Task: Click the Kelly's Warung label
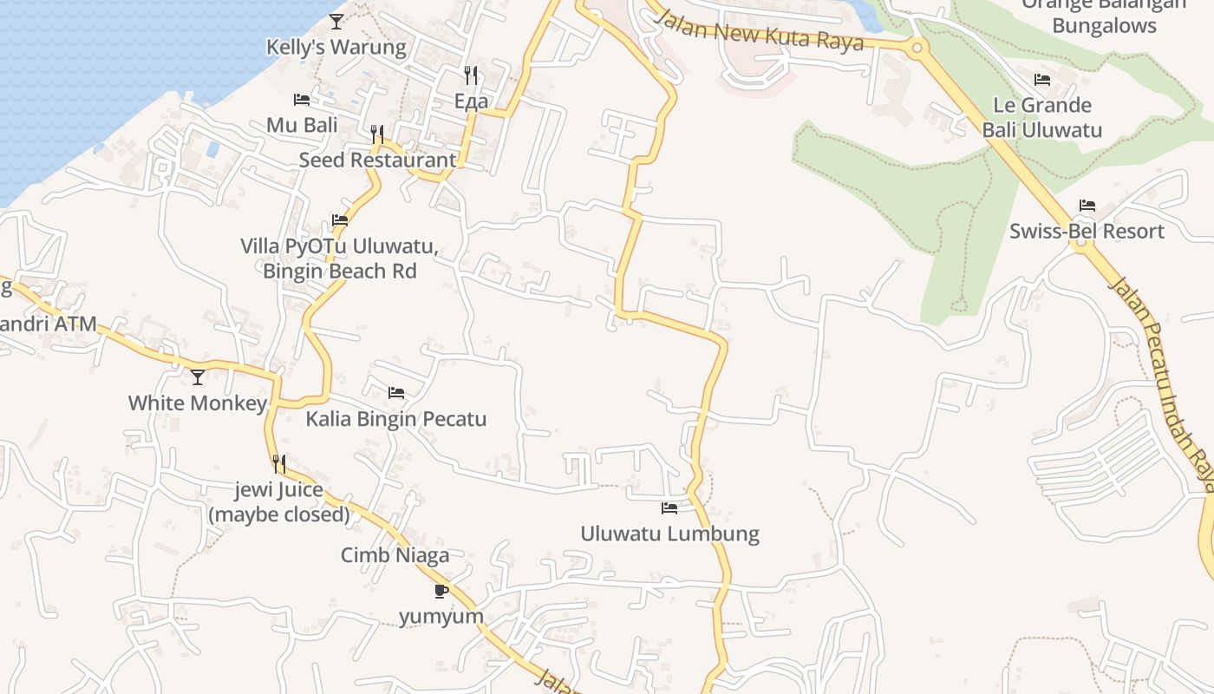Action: (336, 47)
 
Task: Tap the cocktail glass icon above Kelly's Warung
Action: (336, 21)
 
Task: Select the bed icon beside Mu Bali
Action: (302, 100)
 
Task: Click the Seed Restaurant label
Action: (377, 160)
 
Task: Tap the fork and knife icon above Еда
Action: (471, 75)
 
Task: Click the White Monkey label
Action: (198, 403)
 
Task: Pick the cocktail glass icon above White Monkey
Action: (198, 376)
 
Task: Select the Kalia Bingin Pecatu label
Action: (396, 419)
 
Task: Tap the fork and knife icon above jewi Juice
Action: (278, 464)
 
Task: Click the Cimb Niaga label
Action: (395, 555)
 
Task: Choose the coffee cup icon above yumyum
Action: (441, 591)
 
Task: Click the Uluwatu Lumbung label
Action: (669, 534)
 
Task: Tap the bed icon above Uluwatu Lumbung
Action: (669, 507)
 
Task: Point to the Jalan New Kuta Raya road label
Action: (760, 33)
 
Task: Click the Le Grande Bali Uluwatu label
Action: (1041, 117)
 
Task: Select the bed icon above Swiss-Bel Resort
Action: (1087, 206)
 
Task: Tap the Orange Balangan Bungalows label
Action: (1104, 16)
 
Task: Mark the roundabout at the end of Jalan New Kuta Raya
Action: (917, 47)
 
